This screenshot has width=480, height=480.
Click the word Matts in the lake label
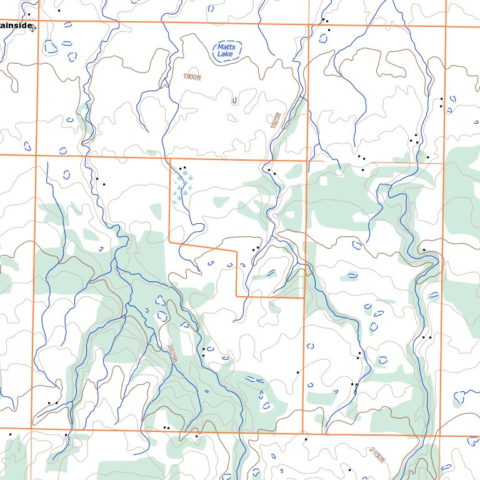point(225,47)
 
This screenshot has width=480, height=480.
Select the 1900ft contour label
point(192,77)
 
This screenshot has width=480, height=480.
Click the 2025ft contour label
point(172,353)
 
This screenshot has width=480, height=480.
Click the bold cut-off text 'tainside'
point(15,25)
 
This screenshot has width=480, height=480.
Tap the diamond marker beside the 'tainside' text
point(33,27)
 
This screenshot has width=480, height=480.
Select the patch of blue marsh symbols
point(183,188)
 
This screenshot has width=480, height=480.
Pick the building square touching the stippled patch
point(66,434)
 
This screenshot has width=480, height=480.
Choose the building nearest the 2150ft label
point(349,469)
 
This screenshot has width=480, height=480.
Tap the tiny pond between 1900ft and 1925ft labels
point(234,100)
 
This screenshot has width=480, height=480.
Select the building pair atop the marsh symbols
point(182,167)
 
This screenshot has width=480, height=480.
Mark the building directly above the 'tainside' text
point(29,14)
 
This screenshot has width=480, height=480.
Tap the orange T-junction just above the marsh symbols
point(170,158)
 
